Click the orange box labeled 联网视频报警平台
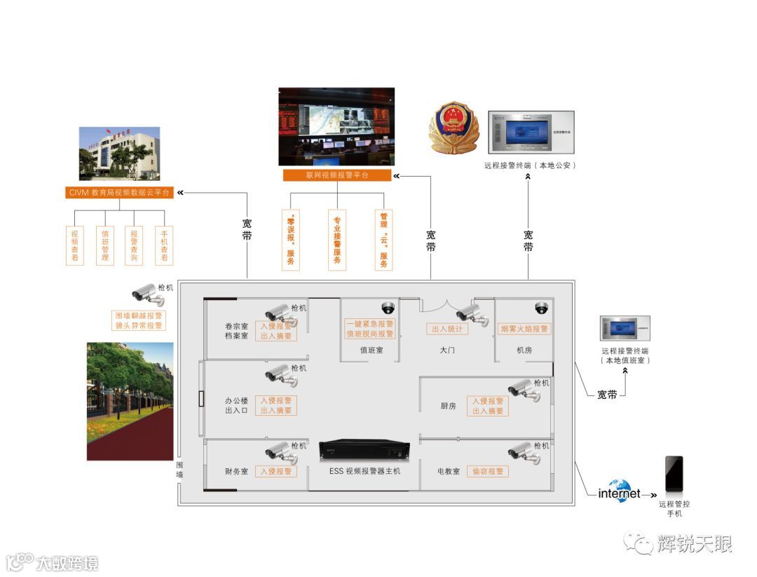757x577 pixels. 337,175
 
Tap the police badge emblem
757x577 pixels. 454,128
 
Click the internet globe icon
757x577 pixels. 620,491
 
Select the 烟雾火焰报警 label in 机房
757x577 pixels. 524,329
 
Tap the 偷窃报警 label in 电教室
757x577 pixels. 487,471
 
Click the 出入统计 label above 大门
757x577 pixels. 447,329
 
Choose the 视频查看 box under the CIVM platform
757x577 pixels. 75,245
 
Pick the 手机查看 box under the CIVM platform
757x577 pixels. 164,245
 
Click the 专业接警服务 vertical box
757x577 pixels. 337,239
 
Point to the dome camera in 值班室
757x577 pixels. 388,307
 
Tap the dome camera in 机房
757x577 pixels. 540,307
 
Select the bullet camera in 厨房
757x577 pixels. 524,389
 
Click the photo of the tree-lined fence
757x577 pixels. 130,401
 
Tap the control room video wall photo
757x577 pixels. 336,126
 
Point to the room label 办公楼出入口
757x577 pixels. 236,405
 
